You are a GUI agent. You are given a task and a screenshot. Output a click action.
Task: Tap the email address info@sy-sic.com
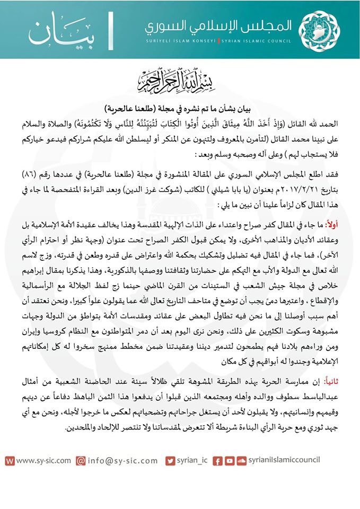pyautogui.click(x=125, y=460)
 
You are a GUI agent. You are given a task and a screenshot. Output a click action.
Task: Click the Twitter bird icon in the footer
pyautogui.click(x=170, y=460)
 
